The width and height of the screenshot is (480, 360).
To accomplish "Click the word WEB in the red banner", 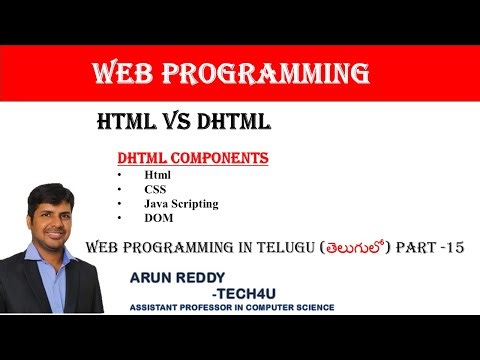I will point(122,74).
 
